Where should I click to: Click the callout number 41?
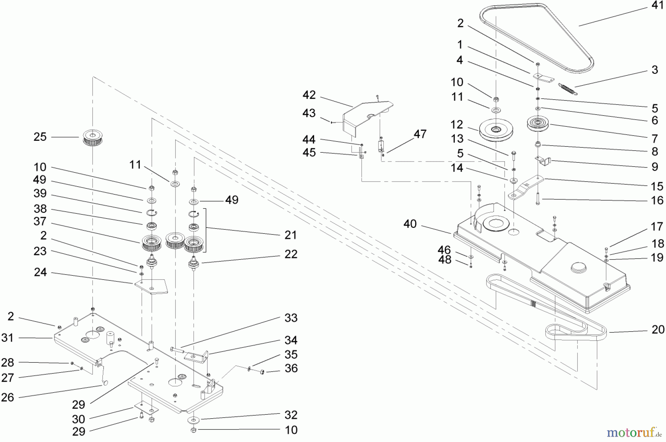click(x=657, y=6)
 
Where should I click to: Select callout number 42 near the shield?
click(x=309, y=95)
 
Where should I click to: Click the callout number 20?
click(x=658, y=329)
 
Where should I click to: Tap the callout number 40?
click(x=410, y=224)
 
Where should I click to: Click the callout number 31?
click(x=7, y=338)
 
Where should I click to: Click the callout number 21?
click(x=291, y=235)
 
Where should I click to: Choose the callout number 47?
click(x=420, y=134)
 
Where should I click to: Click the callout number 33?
click(x=291, y=318)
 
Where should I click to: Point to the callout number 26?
click(x=7, y=397)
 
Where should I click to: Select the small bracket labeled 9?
click(x=544, y=160)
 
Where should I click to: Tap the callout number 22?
click(x=291, y=254)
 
